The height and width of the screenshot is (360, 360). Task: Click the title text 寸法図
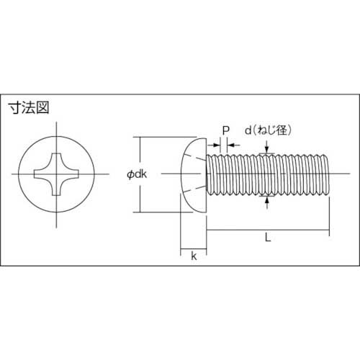point(29,110)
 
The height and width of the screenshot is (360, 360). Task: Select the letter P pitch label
point(225,130)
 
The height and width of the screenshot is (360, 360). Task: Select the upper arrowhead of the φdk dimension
point(139,140)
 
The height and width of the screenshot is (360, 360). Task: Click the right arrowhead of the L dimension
point(328,230)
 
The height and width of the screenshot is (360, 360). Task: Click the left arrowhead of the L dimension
point(210,230)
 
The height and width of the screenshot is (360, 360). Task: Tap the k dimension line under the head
point(193,249)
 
